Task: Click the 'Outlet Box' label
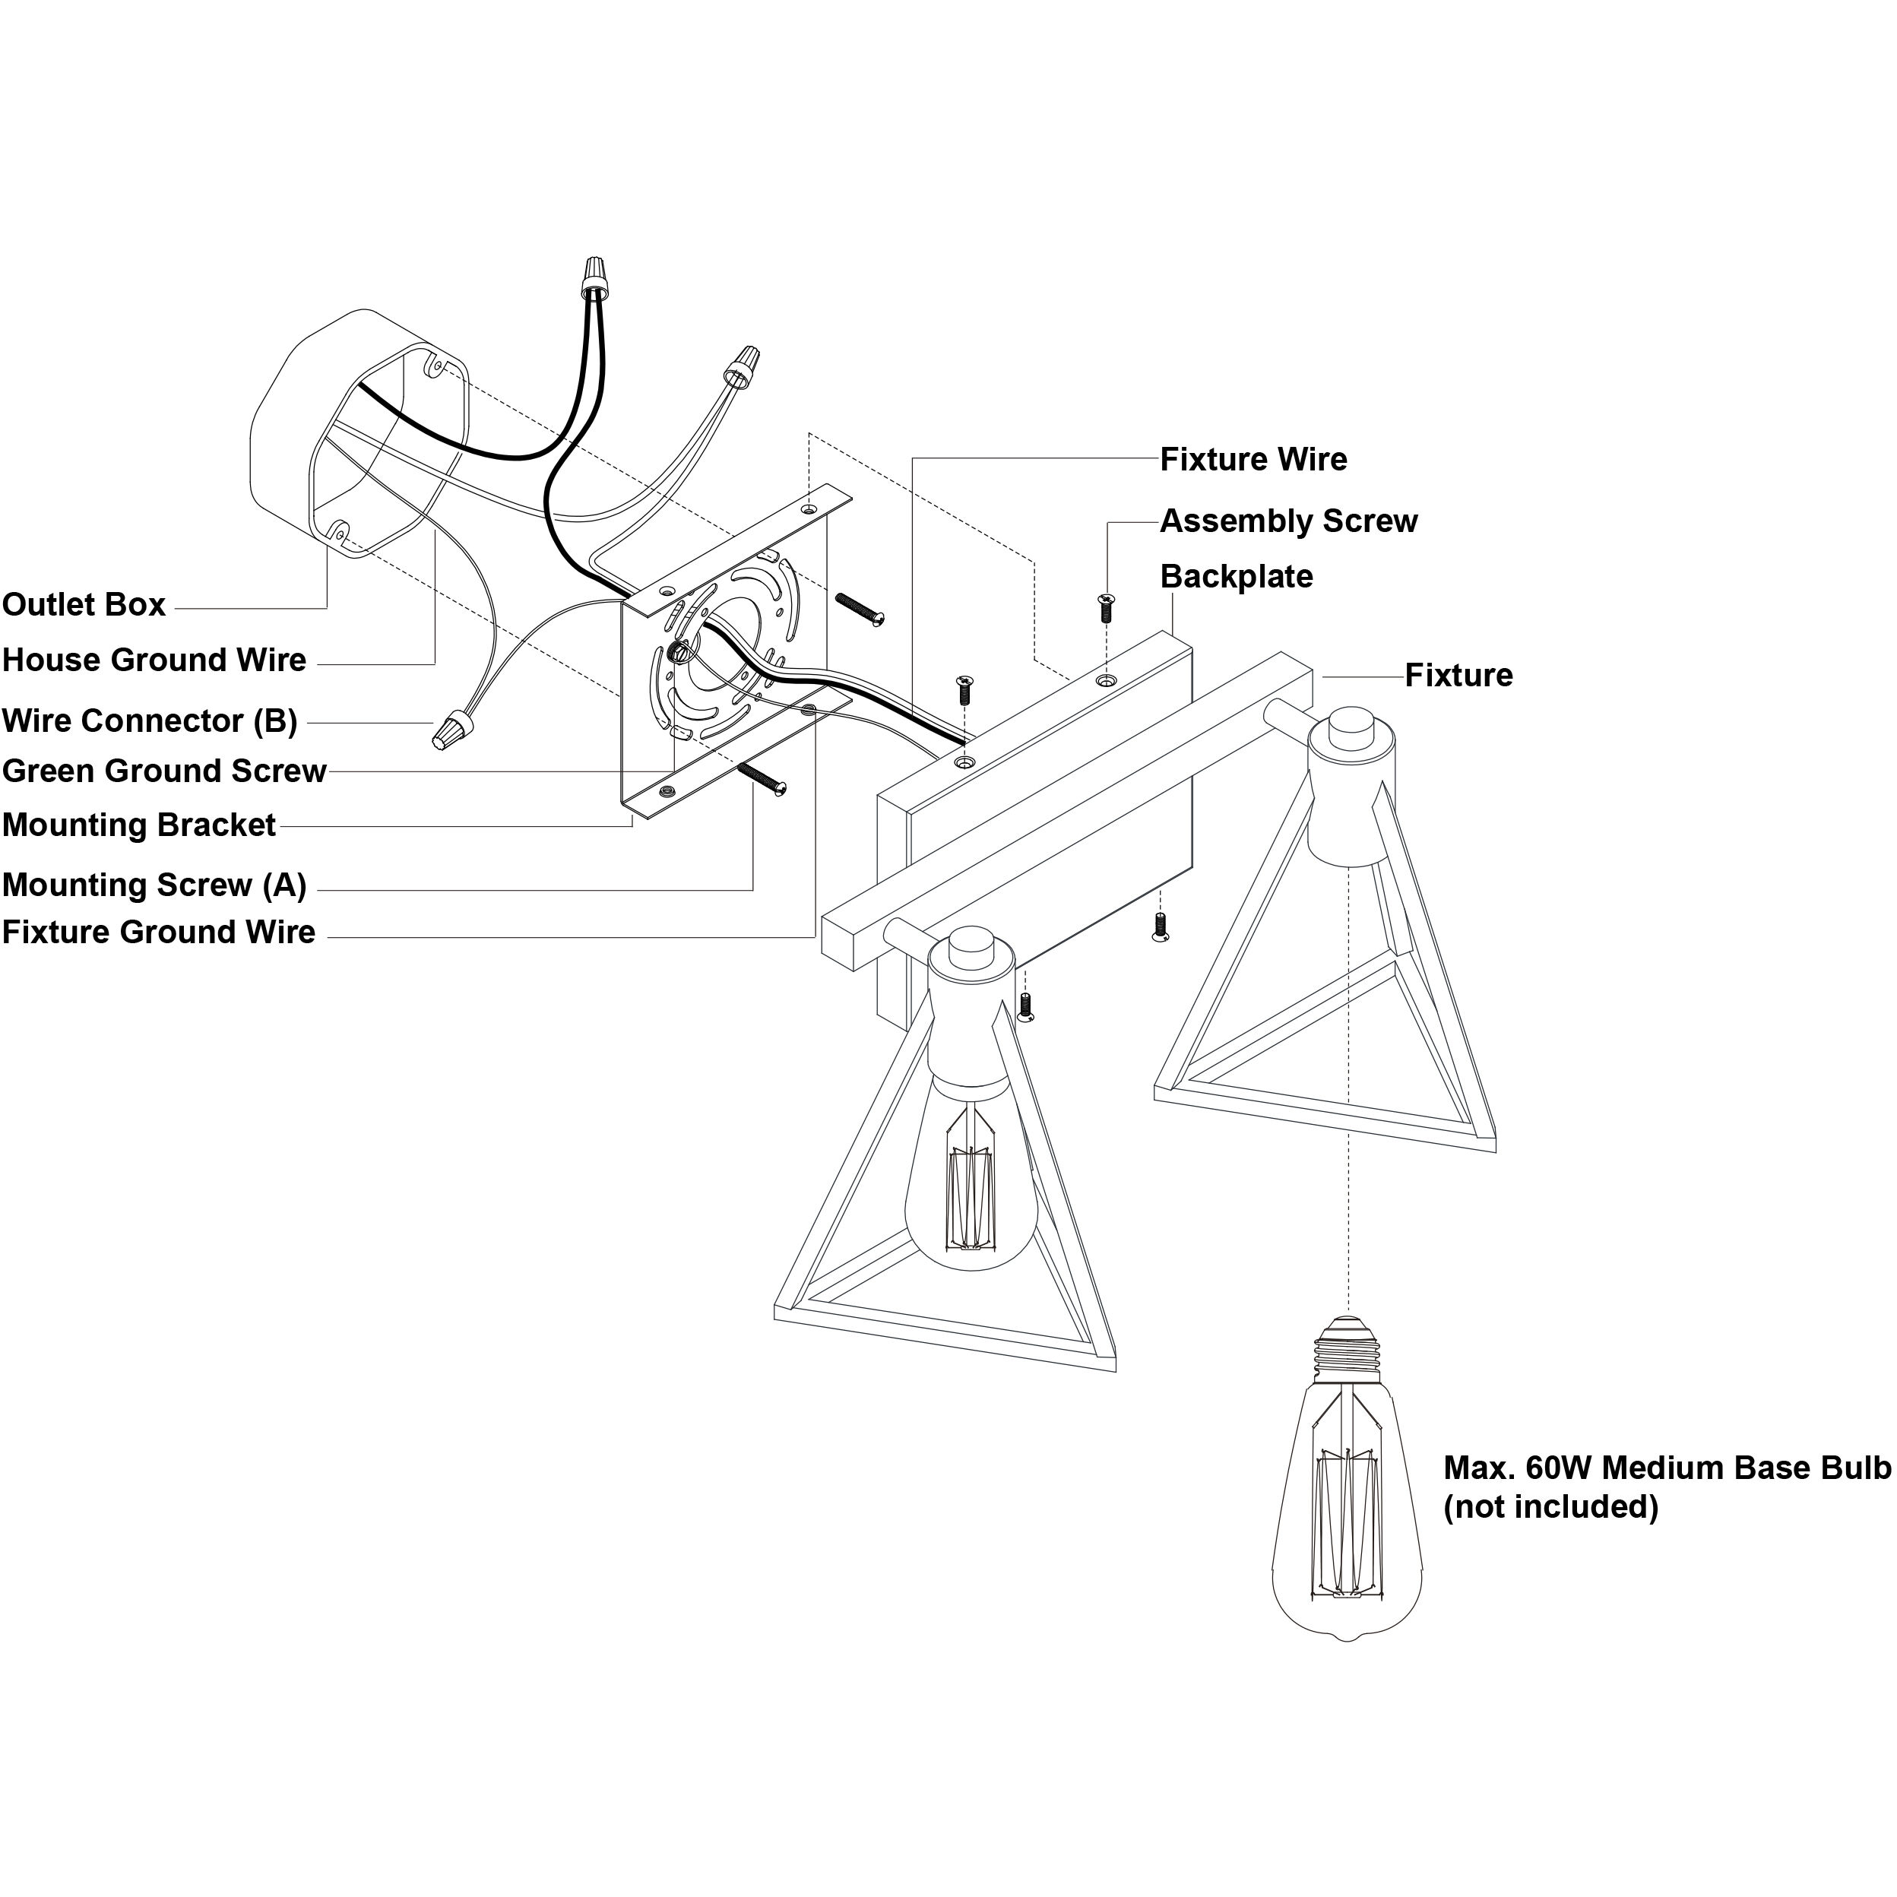tap(84, 605)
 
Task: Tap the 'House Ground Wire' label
tap(154, 660)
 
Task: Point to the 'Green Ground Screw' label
tap(164, 771)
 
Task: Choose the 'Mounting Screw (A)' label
tap(154, 885)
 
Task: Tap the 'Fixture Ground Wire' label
tap(159, 932)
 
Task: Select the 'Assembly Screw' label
tap(1289, 521)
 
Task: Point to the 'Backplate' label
tap(1237, 576)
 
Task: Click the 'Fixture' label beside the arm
tap(1459, 675)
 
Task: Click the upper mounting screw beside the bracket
tap(860, 608)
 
